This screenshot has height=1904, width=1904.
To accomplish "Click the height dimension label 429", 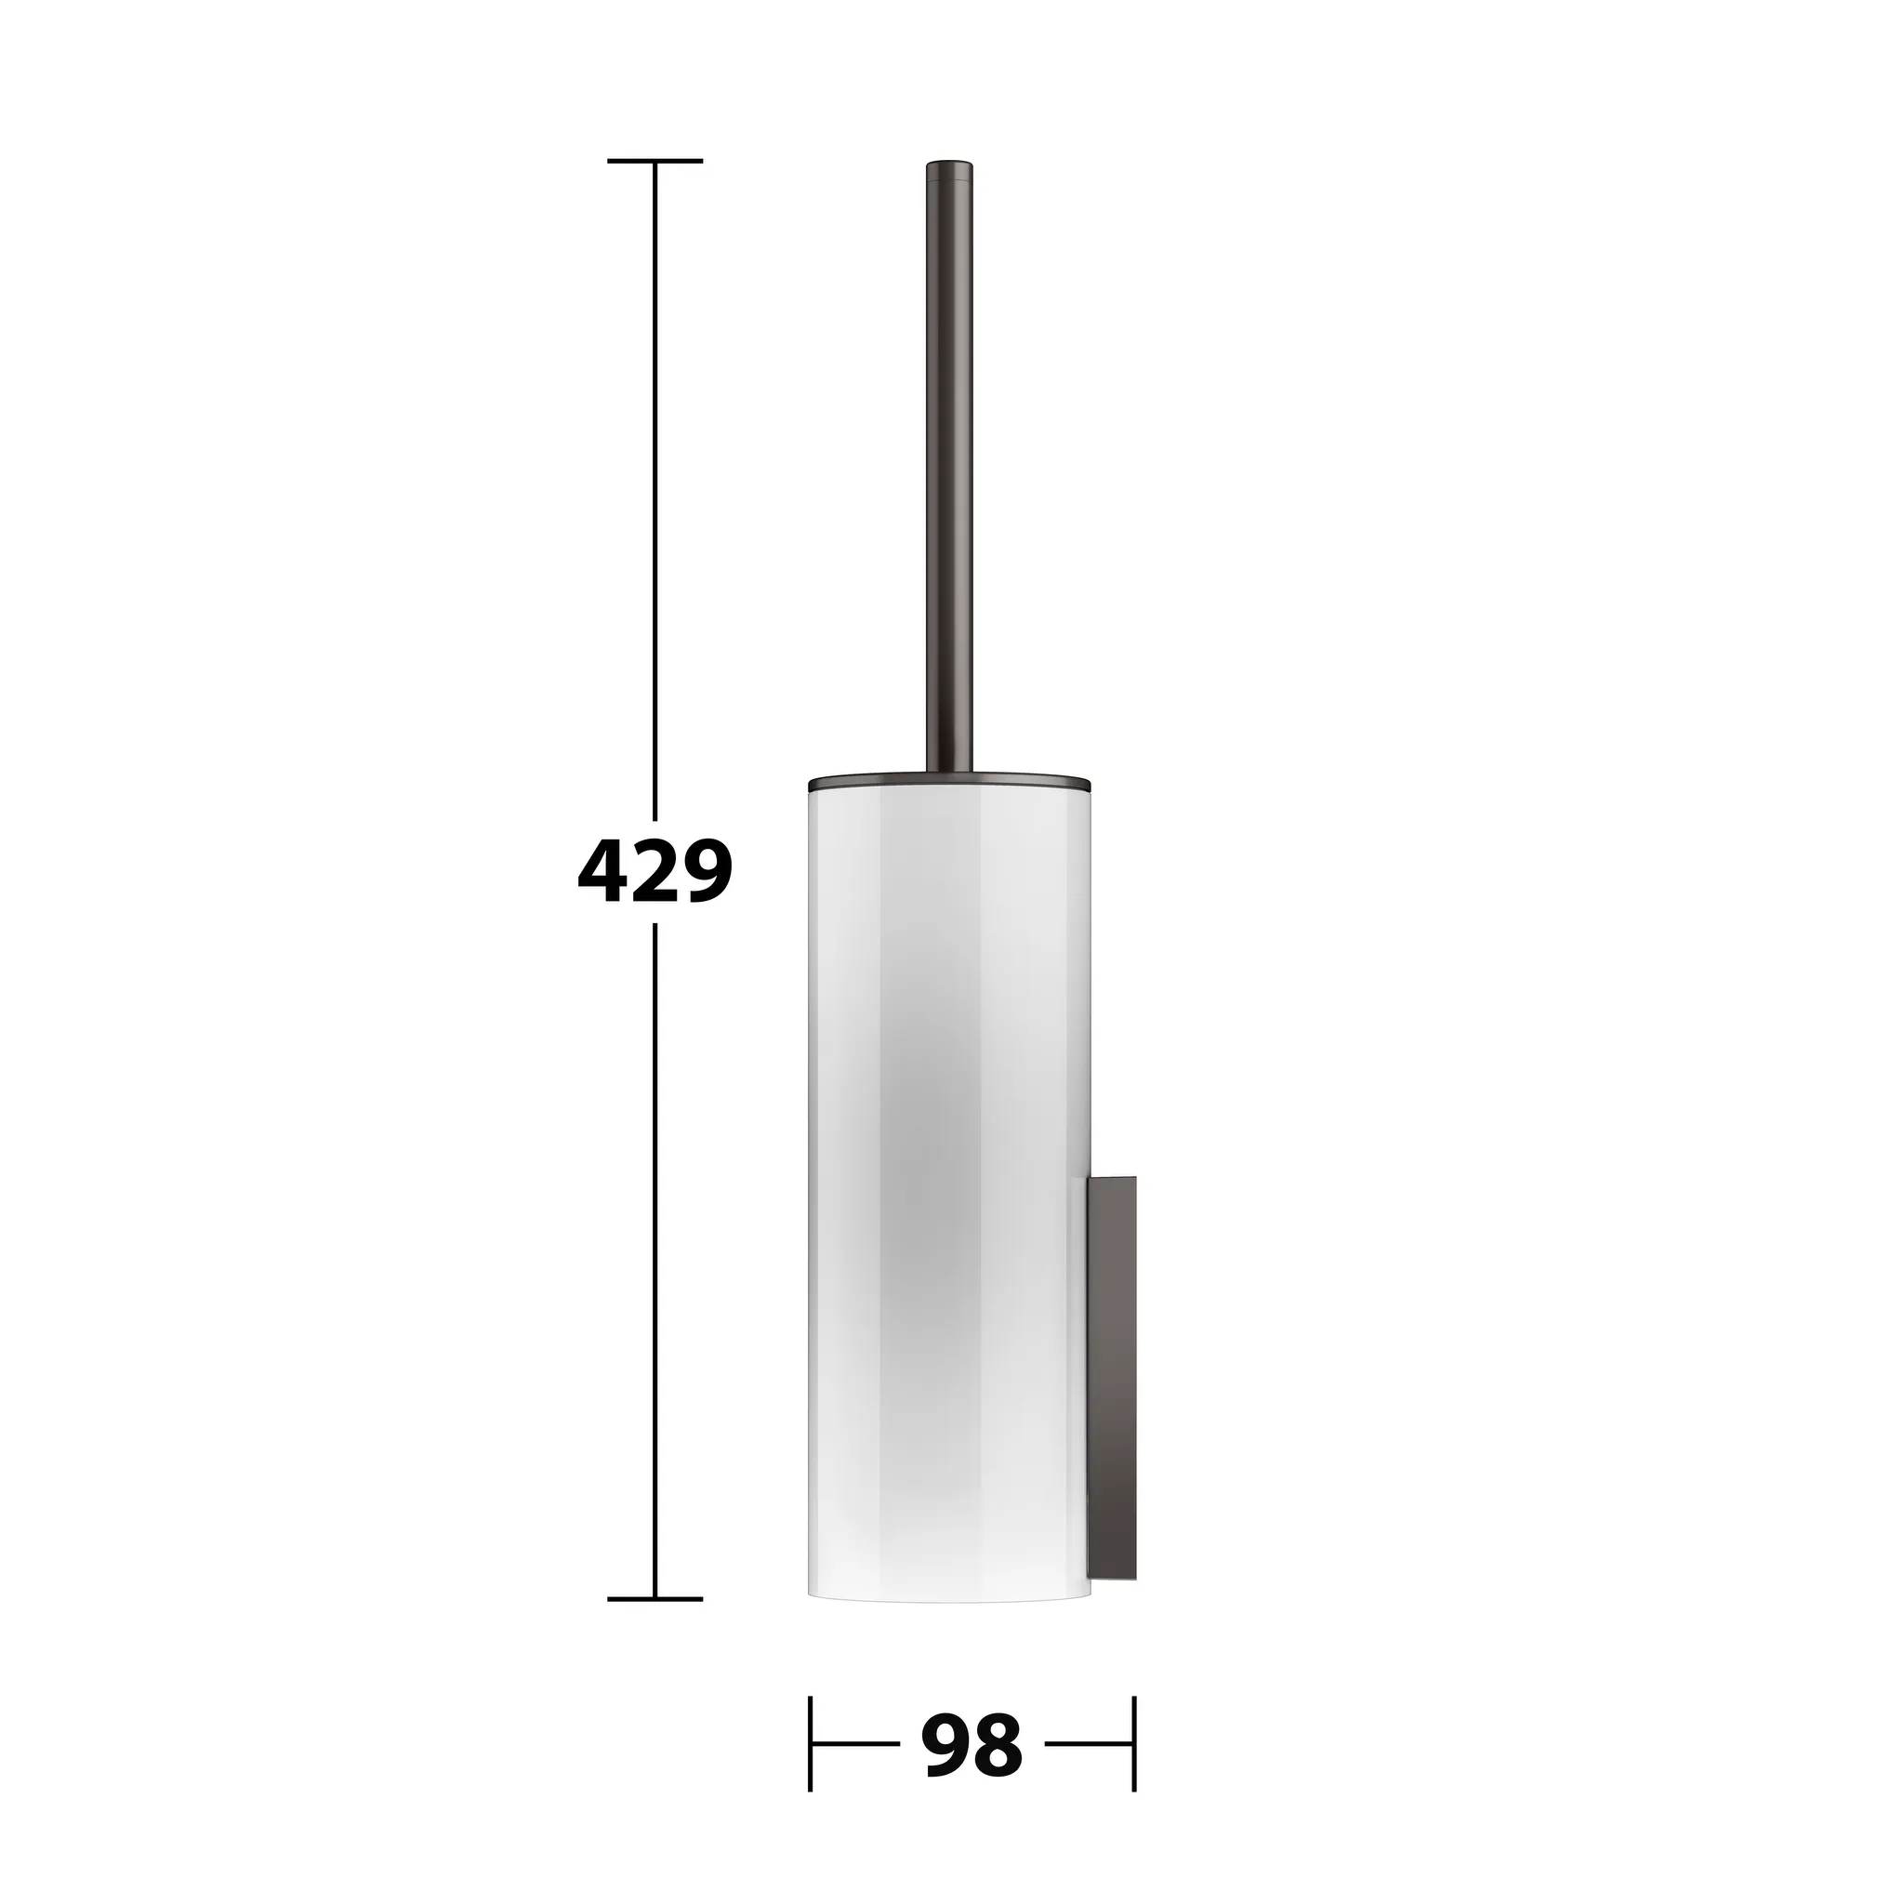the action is click(x=654, y=872).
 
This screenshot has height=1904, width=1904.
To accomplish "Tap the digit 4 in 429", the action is click(x=603, y=872).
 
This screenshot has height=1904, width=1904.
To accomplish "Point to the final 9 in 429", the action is click(x=707, y=872).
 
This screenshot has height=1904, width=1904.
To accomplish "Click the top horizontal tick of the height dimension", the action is click(x=654, y=160).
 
